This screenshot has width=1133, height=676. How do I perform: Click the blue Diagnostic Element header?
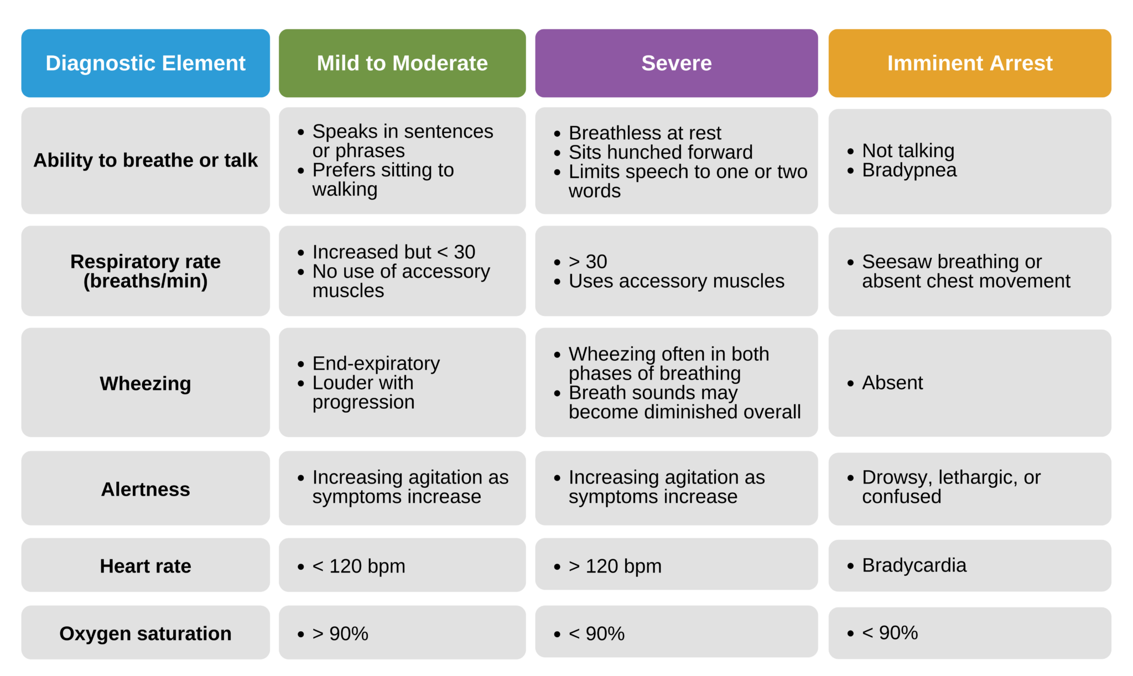point(145,63)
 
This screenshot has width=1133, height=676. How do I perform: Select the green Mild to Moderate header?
point(402,63)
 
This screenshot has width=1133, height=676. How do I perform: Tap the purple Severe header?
point(676,63)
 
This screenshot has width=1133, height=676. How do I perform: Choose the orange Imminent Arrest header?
point(969,63)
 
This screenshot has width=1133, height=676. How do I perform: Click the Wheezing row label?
point(145,383)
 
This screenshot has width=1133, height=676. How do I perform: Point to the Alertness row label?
point(145,489)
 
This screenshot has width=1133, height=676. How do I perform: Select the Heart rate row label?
point(145,566)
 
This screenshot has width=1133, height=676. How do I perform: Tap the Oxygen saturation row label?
point(145,633)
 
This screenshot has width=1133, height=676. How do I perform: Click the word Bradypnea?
point(909,170)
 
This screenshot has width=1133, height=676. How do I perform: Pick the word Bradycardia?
point(914,565)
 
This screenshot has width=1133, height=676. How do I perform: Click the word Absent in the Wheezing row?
point(892,382)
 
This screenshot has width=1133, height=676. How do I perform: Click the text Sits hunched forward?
point(661,152)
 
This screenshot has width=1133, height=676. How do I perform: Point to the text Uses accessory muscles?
point(676,281)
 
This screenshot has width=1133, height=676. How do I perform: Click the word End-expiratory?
point(376,363)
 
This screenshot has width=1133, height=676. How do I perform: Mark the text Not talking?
point(908,150)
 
